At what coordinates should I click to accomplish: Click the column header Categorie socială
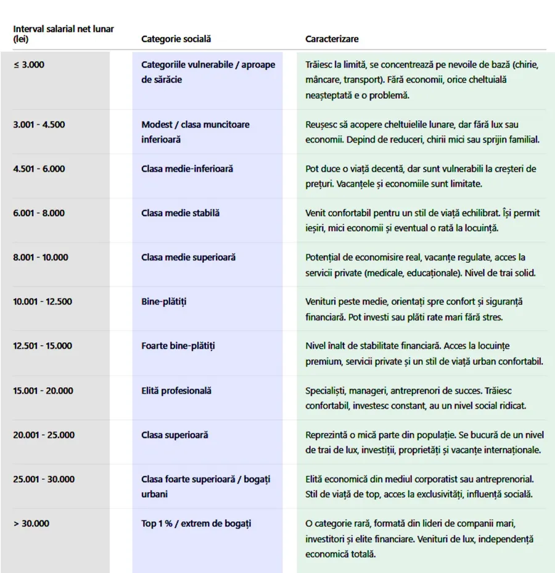(x=176, y=39)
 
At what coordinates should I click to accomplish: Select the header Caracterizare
(x=332, y=39)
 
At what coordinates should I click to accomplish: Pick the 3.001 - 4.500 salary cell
(x=39, y=124)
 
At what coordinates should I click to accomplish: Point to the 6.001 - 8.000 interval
(x=39, y=213)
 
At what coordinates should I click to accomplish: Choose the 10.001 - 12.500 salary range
(x=42, y=301)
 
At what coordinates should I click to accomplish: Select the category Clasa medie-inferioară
(x=187, y=169)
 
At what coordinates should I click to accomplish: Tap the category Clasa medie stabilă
(x=180, y=213)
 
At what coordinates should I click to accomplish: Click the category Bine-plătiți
(x=163, y=301)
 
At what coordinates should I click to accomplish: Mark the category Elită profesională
(x=176, y=390)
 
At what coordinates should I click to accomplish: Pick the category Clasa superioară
(x=175, y=435)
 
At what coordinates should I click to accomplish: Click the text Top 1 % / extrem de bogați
(x=196, y=524)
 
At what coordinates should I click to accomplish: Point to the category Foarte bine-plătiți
(x=178, y=346)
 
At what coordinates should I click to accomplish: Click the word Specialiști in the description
(x=326, y=390)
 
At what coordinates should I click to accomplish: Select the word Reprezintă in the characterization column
(x=327, y=435)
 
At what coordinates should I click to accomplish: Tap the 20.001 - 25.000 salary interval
(x=42, y=435)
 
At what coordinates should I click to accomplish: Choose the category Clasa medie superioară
(x=188, y=257)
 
